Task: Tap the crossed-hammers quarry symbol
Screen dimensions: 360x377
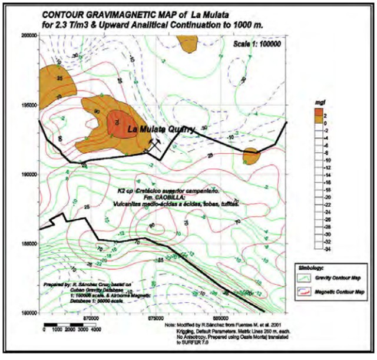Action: click(155, 144)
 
